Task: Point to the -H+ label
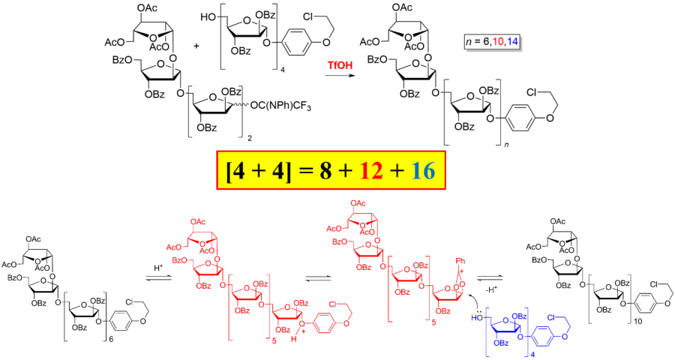[x=490, y=288]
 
